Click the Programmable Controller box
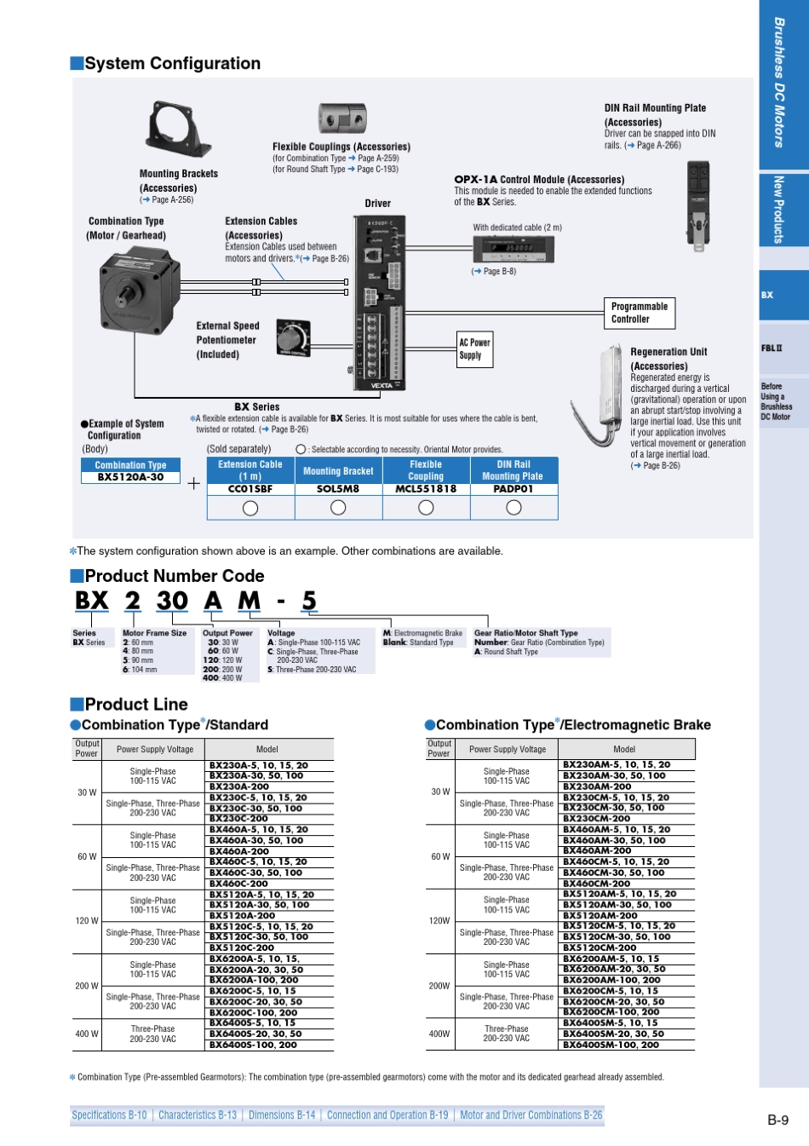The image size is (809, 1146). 640,313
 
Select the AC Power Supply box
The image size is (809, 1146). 474,349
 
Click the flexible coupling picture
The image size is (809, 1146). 342,119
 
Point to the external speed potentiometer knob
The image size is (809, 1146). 294,338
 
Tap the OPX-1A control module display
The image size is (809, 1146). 514,250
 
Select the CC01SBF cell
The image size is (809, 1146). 250,489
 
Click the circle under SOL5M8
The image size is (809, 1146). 338,508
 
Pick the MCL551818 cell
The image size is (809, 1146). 426,489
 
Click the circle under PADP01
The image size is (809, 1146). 514,508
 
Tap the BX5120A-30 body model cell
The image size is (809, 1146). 130,477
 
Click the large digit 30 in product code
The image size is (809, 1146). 172,601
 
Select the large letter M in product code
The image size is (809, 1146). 249,601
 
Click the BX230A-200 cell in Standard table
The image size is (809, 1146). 239,786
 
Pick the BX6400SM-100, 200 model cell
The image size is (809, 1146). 611,1045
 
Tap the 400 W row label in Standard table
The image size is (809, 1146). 87,1034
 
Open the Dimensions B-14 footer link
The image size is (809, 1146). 282,1115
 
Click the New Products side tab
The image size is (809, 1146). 778,210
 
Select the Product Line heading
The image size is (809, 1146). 136,705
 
